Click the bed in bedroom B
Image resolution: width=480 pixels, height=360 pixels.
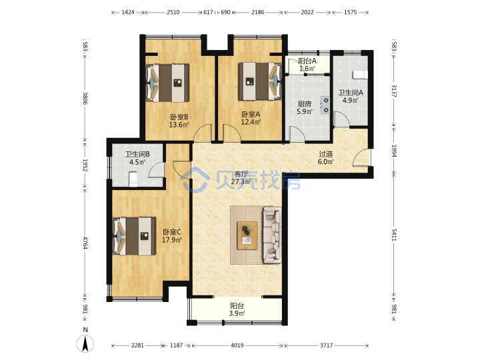point(167,83)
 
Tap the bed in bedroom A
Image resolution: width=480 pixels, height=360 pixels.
point(260,81)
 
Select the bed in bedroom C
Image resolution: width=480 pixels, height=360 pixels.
point(135,236)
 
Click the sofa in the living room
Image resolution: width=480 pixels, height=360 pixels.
point(272,235)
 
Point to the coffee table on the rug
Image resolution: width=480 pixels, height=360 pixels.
point(247,235)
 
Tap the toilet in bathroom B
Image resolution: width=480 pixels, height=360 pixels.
point(133,179)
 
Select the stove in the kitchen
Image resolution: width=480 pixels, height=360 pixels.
point(325,105)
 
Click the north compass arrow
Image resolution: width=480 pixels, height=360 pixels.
point(85,343)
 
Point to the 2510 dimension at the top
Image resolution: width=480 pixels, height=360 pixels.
point(173,12)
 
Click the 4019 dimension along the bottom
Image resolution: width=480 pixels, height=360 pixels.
point(237,345)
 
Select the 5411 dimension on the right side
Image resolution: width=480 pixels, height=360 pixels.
point(394,235)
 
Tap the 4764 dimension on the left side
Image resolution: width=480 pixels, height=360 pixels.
point(85,243)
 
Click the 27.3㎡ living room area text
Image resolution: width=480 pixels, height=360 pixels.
point(241,182)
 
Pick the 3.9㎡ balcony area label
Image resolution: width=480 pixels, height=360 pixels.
point(237,313)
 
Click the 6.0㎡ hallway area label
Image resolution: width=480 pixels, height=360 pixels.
point(325,161)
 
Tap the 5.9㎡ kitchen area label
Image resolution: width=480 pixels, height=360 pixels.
point(305,111)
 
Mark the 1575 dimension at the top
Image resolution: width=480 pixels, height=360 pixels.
point(350,12)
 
